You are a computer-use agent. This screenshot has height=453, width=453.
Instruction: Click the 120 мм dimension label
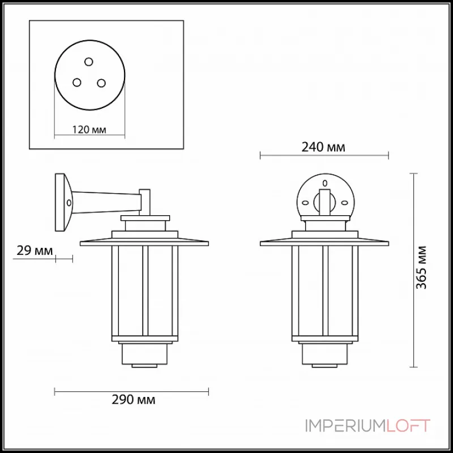point(89,130)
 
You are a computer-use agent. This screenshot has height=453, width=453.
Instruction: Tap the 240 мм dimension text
point(323,147)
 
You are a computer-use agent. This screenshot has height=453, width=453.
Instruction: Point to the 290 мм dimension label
point(131,400)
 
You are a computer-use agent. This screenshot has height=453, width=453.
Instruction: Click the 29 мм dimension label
point(28,250)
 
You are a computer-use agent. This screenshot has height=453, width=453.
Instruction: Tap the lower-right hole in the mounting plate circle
point(101,83)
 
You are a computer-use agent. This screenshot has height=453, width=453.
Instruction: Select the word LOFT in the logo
point(408,426)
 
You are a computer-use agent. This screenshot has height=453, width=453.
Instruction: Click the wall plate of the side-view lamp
point(62,202)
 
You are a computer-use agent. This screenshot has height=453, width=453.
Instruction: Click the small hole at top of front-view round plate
point(324,183)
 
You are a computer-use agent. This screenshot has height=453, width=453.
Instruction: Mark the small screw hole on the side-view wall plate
point(69,202)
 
